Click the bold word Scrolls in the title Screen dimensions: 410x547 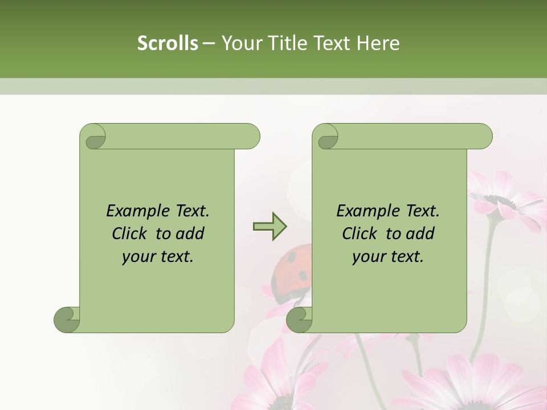click(x=168, y=43)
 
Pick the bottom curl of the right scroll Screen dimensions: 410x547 click(x=300, y=319)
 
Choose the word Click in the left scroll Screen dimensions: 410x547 click(x=131, y=234)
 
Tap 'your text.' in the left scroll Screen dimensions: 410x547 click(x=158, y=257)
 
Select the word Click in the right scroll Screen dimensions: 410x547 click(x=360, y=234)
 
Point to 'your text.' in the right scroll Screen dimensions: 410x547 click(x=388, y=257)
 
